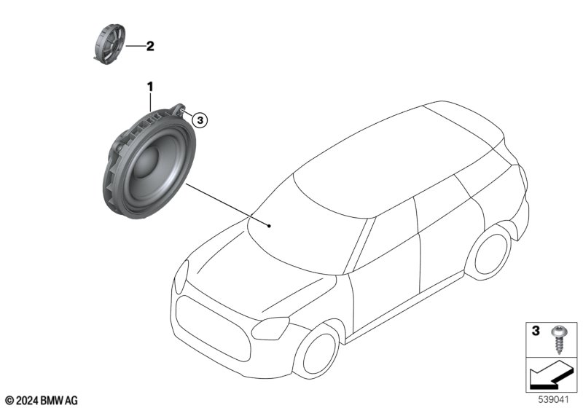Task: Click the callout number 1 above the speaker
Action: (151, 87)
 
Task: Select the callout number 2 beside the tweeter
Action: (150, 46)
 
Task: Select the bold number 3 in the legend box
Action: (536, 332)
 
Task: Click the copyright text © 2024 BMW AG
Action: (42, 400)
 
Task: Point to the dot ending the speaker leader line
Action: (270, 226)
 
